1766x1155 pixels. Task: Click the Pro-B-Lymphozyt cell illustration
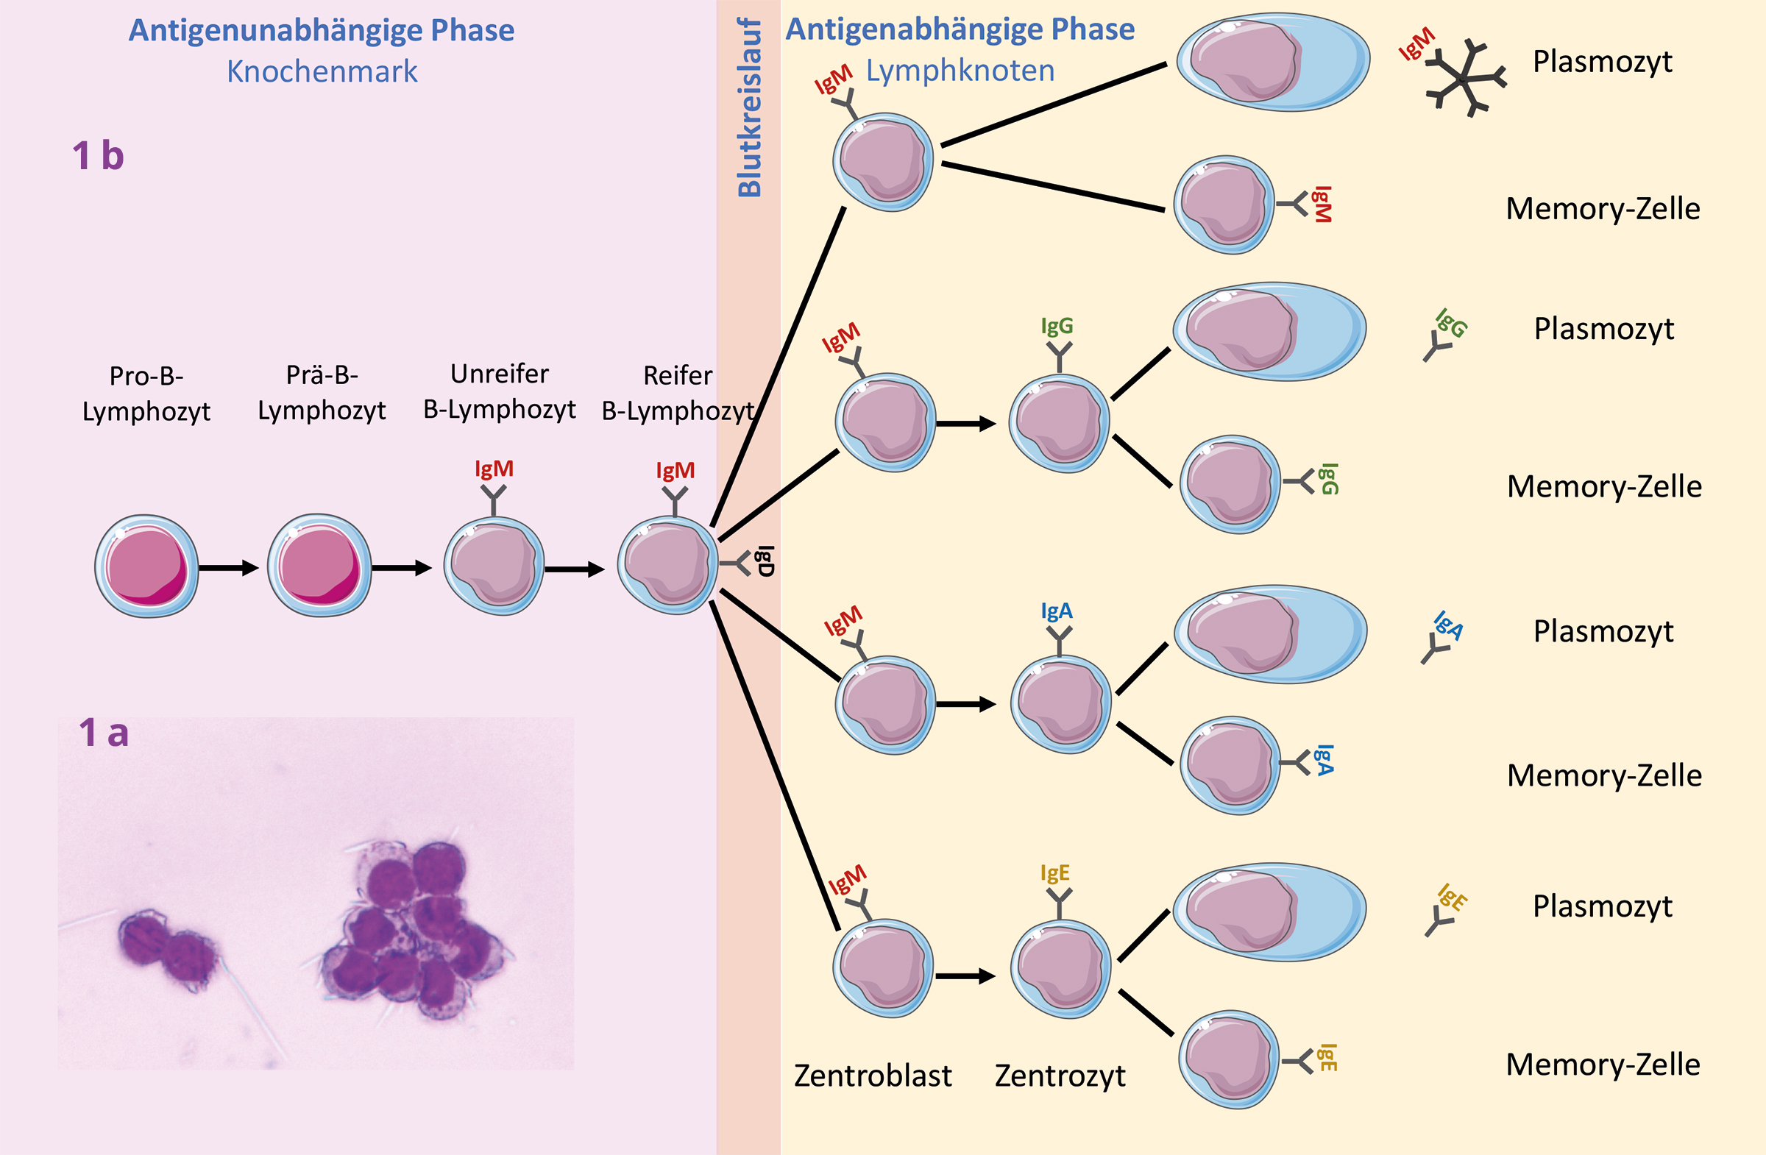[147, 565]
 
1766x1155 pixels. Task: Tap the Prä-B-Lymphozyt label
[322, 392]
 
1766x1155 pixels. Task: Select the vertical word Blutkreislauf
[749, 107]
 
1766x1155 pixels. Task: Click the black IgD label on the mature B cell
[766, 561]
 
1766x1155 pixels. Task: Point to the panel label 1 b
[98, 156]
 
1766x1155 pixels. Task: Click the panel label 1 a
[104, 733]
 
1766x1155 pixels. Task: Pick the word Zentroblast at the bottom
[873, 1076]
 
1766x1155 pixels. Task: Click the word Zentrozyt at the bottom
[1060, 1076]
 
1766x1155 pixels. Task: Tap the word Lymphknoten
[960, 71]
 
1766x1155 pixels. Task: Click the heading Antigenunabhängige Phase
[322, 30]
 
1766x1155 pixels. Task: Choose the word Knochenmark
[322, 72]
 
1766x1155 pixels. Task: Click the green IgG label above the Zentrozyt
[1057, 326]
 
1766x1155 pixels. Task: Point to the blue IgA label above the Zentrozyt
[1057, 611]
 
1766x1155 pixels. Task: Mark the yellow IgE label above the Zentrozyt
[1054, 873]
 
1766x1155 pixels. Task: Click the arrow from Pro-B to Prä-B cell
[229, 568]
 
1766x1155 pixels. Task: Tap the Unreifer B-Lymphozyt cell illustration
[494, 565]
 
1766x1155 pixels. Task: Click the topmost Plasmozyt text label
[1603, 62]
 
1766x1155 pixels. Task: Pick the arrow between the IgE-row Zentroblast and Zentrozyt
[965, 976]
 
